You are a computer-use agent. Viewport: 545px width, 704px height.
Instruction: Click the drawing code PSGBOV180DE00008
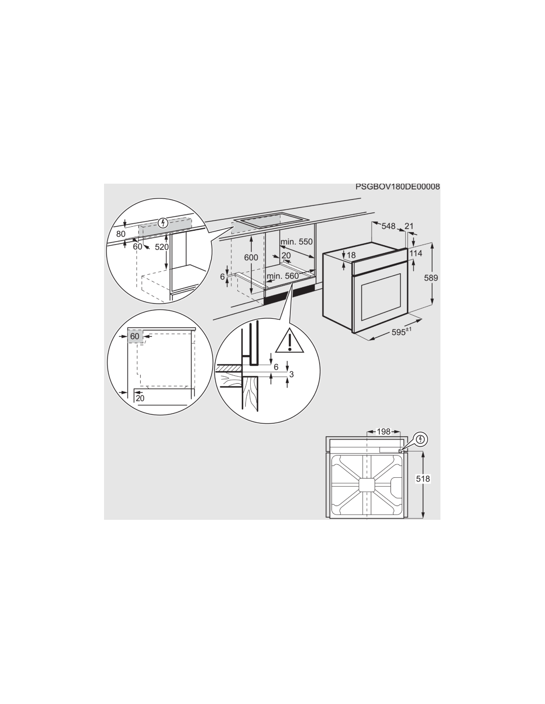tap(397, 187)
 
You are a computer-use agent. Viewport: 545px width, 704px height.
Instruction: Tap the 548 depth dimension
tap(388, 226)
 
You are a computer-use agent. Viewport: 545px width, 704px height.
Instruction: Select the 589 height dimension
tap(431, 278)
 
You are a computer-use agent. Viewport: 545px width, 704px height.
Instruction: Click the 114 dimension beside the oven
tap(416, 253)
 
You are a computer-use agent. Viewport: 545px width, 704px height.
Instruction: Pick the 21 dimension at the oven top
tap(409, 226)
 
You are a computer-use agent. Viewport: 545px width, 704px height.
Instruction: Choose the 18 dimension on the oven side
tap(351, 255)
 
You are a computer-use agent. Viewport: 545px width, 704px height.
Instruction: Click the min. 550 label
tap(296, 242)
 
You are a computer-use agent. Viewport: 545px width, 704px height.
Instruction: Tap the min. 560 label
tap(282, 276)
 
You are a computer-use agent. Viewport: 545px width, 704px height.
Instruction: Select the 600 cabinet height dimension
tap(251, 257)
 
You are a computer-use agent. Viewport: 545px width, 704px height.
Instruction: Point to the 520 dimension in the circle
tap(162, 247)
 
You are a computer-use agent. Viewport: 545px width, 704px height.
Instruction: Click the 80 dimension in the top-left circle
tap(120, 234)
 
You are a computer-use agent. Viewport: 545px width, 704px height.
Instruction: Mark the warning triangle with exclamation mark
tap(289, 341)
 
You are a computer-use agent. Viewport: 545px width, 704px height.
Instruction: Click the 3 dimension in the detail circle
tap(291, 374)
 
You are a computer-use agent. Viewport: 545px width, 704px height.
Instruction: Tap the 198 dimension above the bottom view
tap(383, 432)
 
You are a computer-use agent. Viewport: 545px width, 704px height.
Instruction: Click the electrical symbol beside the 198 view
tap(421, 439)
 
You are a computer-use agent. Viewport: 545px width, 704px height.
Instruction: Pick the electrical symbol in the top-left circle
tap(163, 223)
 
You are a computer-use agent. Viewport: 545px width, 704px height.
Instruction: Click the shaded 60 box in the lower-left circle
tap(135, 336)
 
